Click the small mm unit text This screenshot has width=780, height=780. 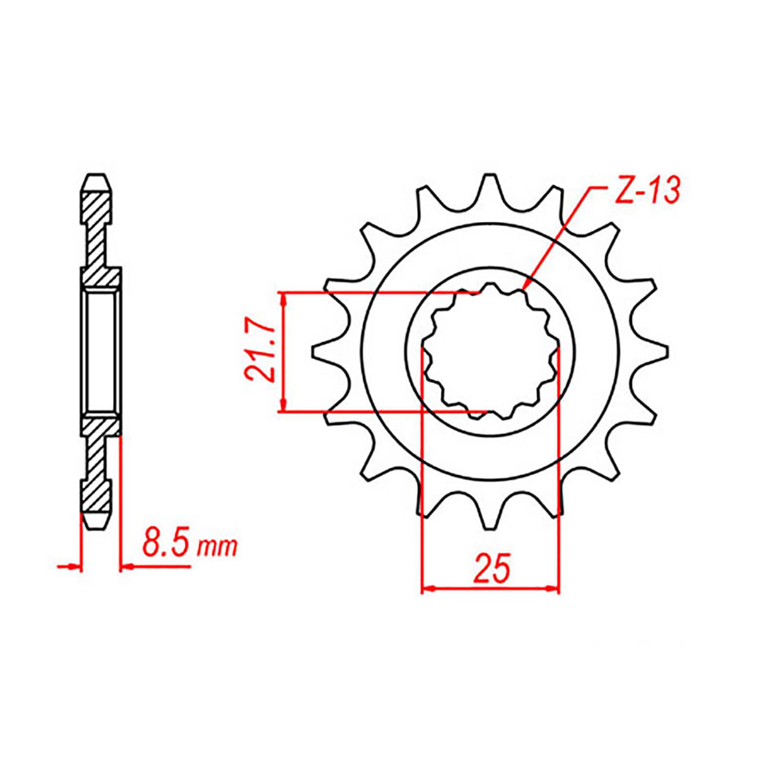point(217,548)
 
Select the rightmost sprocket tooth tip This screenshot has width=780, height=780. point(666,350)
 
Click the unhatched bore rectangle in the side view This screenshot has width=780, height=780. point(101,351)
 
